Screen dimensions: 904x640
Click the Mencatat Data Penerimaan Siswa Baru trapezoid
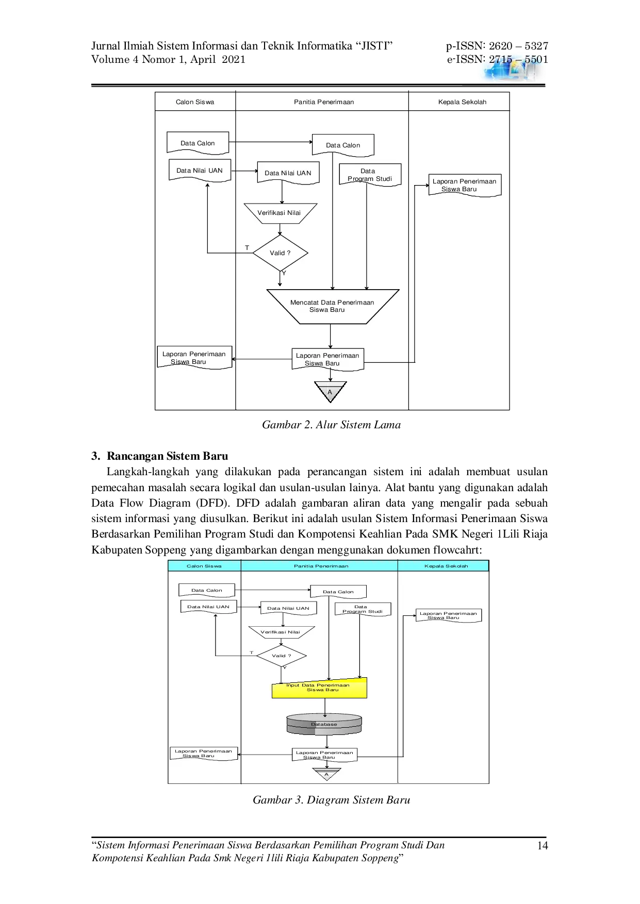pyautogui.click(x=333, y=306)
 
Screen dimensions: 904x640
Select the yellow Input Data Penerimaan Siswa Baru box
pyautogui.click(x=319, y=688)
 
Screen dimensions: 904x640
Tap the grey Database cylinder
pyautogui.click(x=324, y=724)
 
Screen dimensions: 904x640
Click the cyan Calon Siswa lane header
pyautogui.click(x=204, y=566)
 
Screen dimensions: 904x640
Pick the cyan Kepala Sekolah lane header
pyautogui.click(x=446, y=566)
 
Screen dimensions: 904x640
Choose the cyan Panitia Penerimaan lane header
pyautogui.click(x=321, y=566)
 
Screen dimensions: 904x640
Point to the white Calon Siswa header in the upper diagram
pyautogui.click(x=195, y=102)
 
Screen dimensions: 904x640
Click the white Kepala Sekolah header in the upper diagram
pyautogui.click(x=462, y=102)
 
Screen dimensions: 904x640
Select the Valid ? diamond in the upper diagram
pyautogui.click(x=280, y=253)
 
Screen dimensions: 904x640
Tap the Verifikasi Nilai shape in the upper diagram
pyautogui.click(x=280, y=213)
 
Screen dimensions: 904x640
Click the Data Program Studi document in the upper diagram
pyautogui.click(x=370, y=175)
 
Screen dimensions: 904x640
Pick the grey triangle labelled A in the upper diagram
pyautogui.click(x=330, y=391)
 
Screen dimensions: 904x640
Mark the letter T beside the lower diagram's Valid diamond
pyautogui.click(x=252, y=652)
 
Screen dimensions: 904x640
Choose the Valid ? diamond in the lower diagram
pyautogui.click(x=282, y=656)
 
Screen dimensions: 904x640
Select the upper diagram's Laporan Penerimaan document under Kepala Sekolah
pyautogui.click(x=465, y=185)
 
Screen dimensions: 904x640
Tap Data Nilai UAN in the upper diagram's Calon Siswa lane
pyautogui.click(x=200, y=171)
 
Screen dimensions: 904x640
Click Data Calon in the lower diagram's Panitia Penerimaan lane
pyautogui.click(x=338, y=592)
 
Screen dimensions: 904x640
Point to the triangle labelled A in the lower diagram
pyautogui.click(x=326, y=774)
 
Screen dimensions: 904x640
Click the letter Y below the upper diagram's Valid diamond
pyautogui.click(x=284, y=273)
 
